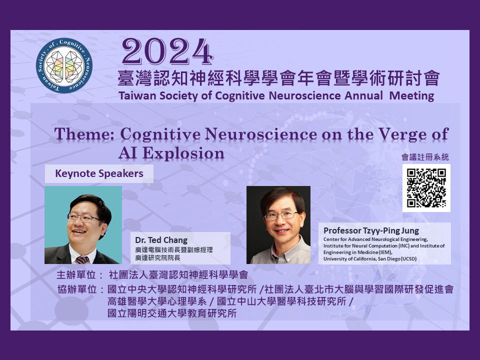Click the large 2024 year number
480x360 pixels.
167,51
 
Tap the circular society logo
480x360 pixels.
64,65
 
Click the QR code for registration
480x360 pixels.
426,188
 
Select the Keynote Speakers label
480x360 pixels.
99,173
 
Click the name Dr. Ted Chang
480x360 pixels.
161,240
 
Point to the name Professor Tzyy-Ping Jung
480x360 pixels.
371,230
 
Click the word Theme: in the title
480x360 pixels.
84,134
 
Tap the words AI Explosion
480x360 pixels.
171,153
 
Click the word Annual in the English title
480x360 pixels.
363,96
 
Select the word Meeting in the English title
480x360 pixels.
411,96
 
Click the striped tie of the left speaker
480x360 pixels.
82,260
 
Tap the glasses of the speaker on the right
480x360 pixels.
281,215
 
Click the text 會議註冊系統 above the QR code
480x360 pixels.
425,157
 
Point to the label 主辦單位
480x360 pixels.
76,275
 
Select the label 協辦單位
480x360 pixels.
77,289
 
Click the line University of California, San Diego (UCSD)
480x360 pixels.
370,259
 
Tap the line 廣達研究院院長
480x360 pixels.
158,258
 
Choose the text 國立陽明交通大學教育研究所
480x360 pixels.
172,313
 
